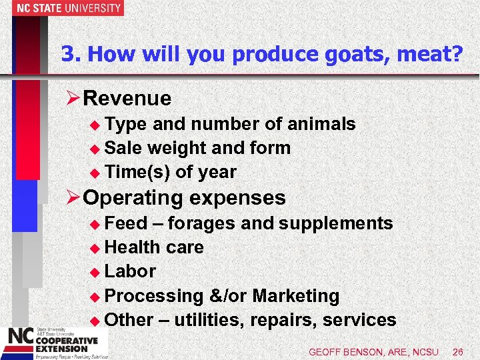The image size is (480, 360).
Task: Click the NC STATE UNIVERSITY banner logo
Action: [61, 8]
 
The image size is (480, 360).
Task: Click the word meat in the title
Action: [433, 54]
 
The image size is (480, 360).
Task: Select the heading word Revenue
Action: [128, 99]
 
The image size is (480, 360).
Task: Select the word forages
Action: [204, 223]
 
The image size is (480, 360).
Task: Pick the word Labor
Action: [131, 271]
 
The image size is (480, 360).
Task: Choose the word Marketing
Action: [296, 295]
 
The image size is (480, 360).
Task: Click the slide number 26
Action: [457, 351]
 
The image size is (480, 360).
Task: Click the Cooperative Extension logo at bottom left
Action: [50, 341]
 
